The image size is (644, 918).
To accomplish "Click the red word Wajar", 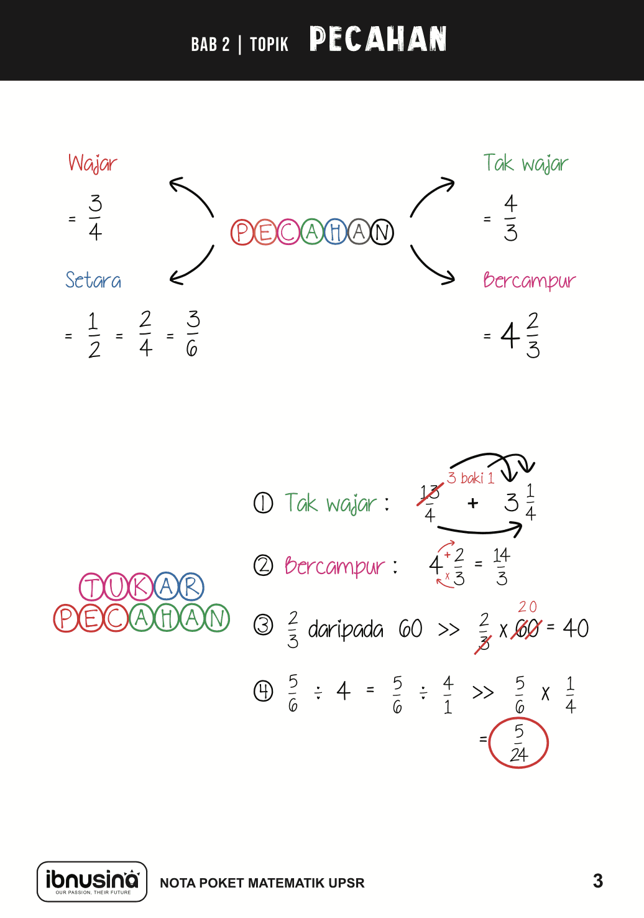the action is (93, 163).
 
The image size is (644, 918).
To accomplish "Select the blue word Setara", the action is (93, 280).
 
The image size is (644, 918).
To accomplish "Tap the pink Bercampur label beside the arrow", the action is (529, 281).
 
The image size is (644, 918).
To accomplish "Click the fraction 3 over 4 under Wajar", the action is (95, 217).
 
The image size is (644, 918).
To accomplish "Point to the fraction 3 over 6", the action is (193, 333).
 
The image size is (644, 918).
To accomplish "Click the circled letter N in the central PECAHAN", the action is (382, 233).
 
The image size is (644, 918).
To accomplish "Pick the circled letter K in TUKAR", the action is (141, 586).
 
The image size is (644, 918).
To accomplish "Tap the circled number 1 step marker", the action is (263, 503).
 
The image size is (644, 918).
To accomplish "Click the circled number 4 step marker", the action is (263, 692).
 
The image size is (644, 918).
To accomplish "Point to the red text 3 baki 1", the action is (471, 478).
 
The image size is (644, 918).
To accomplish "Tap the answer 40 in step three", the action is (576, 628).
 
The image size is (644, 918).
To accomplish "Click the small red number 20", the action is (527, 606).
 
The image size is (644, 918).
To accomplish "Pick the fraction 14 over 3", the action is (502, 567).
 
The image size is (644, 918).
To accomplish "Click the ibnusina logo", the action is (92, 881).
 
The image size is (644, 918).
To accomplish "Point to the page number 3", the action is (598, 881).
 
